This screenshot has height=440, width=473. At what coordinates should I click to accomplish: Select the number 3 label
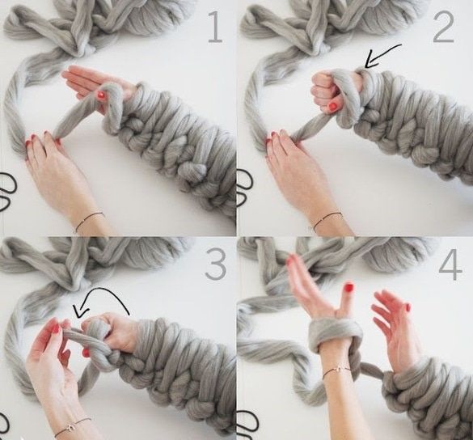pos(216,265)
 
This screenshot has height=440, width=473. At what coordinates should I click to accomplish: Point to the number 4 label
pos(450,267)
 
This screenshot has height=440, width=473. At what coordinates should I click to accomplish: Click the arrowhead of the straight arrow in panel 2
pos(370,61)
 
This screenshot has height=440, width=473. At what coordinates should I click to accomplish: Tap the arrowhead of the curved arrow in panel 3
pos(79,311)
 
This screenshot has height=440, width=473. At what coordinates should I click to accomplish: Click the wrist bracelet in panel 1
pos(89,221)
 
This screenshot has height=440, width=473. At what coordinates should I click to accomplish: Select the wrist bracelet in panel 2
pos(327,220)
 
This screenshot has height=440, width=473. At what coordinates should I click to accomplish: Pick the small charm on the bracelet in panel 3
pos(70,428)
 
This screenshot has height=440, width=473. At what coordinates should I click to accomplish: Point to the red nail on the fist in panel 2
pos(333,107)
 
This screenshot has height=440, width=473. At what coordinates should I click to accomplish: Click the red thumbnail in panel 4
pos(349,287)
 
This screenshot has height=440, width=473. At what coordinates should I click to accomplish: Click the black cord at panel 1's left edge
pos(7,191)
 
